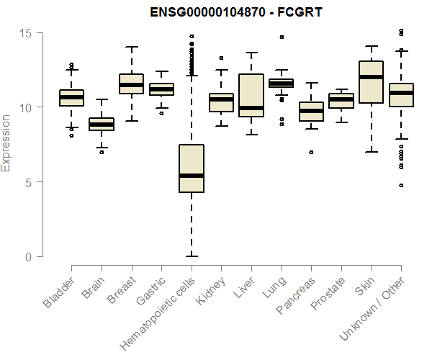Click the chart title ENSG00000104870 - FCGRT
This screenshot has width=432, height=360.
tap(236, 12)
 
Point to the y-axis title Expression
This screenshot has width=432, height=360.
tap(6, 143)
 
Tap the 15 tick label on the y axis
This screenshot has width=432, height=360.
tap(26, 33)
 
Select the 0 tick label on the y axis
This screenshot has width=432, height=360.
tap(29, 257)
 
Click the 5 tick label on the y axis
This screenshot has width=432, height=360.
tap(29, 182)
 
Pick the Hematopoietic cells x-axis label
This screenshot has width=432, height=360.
tap(158, 314)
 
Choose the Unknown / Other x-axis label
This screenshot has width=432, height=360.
tap(372, 308)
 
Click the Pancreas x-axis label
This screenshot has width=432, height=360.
tap(295, 295)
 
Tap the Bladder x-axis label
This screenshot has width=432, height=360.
tap(59, 292)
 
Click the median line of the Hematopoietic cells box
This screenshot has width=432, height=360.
tap(192, 176)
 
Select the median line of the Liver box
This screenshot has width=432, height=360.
tap(251, 108)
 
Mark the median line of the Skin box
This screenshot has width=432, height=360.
tap(372, 77)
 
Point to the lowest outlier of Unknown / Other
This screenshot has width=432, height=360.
tap(402, 185)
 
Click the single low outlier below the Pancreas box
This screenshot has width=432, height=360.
tap(311, 153)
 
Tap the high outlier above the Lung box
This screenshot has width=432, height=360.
tap(282, 37)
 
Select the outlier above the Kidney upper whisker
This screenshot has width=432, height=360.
tap(221, 58)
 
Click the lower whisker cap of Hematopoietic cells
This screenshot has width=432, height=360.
tap(192, 256)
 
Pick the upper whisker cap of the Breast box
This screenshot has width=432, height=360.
tap(132, 47)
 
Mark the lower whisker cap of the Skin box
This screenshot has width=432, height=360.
tap(372, 152)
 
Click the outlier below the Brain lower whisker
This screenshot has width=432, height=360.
tap(102, 153)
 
